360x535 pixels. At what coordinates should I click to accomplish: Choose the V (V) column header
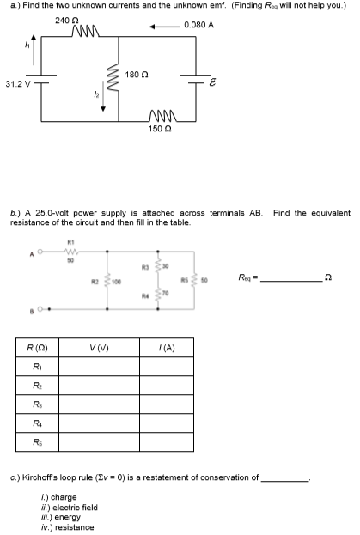(98, 348)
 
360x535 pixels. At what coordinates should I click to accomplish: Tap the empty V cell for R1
(98, 367)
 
